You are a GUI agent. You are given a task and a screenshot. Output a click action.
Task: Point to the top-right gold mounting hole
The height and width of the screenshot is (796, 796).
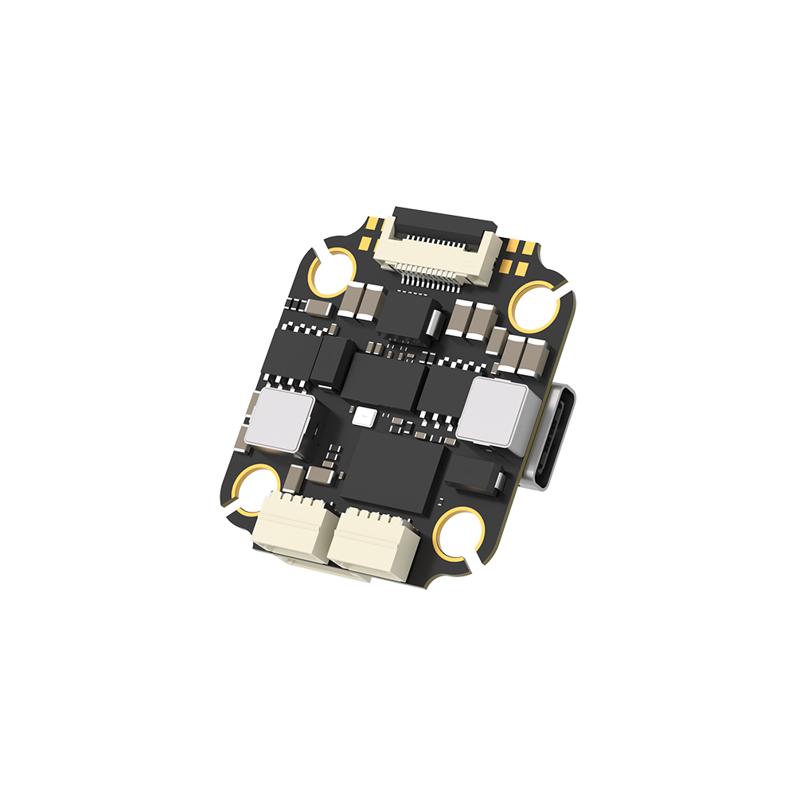[536, 306]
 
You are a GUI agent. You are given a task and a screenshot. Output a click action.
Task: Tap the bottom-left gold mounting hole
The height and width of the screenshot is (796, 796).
[257, 489]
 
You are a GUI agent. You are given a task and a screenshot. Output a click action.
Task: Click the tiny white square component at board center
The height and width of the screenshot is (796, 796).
[366, 415]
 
